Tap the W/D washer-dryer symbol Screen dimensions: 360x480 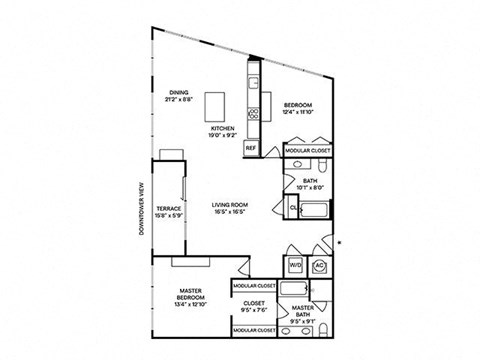pyautogui.click(x=295, y=266)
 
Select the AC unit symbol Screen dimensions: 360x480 pyautogui.click(x=320, y=266)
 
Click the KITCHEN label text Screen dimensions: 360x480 pyautogui.click(x=221, y=130)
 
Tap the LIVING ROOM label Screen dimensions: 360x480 pyautogui.click(x=230, y=205)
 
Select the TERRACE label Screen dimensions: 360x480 pyautogui.click(x=167, y=209)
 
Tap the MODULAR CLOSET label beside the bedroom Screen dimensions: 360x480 pyautogui.click(x=309, y=151)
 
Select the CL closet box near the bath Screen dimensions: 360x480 pyautogui.click(x=294, y=209)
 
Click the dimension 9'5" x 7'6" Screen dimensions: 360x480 pyautogui.click(x=254, y=310)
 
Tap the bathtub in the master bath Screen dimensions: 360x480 pyautogui.click(x=298, y=288)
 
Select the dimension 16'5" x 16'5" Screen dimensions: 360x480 pyautogui.click(x=230, y=213)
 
